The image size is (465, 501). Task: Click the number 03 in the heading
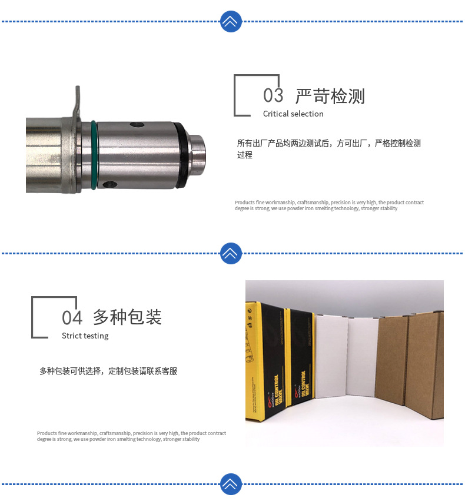273,95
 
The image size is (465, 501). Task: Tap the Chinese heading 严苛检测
330,96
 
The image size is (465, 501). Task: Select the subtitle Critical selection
293,114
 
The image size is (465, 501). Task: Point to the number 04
72,318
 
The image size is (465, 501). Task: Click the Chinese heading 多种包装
127,317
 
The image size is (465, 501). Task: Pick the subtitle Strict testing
85,336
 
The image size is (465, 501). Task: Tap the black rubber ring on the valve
182,157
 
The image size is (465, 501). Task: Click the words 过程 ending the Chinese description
245,155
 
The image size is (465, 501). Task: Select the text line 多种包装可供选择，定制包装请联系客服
108,371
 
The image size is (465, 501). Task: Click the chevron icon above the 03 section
231,22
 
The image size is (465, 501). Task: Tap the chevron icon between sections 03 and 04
231,253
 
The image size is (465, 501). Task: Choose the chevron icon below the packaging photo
231,484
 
